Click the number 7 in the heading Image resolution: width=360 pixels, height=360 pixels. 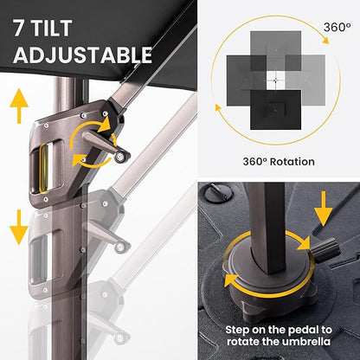[19, 29]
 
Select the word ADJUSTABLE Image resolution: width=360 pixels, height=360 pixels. [82, 55]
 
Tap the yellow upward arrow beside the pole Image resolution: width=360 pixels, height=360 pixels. [19, 106]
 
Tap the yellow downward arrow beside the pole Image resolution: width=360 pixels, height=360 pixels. [19, 227]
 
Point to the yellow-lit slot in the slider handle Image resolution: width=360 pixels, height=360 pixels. [44, 168]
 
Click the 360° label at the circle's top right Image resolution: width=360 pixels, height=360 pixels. [337, 28]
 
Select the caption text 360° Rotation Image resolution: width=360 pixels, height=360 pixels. [279, 162]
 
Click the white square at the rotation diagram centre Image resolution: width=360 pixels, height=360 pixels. [276, 80]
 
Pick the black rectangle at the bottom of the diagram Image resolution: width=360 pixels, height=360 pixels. [275, 110]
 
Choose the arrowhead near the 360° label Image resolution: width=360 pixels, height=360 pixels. [325, 41]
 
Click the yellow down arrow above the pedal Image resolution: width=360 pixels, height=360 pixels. [323, 209]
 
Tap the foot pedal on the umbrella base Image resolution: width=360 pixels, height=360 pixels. [325, 250]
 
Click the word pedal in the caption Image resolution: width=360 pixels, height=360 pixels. [300, 330]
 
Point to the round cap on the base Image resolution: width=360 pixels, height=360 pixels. [219, 193]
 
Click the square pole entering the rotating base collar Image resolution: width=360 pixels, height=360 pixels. [267, 228]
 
